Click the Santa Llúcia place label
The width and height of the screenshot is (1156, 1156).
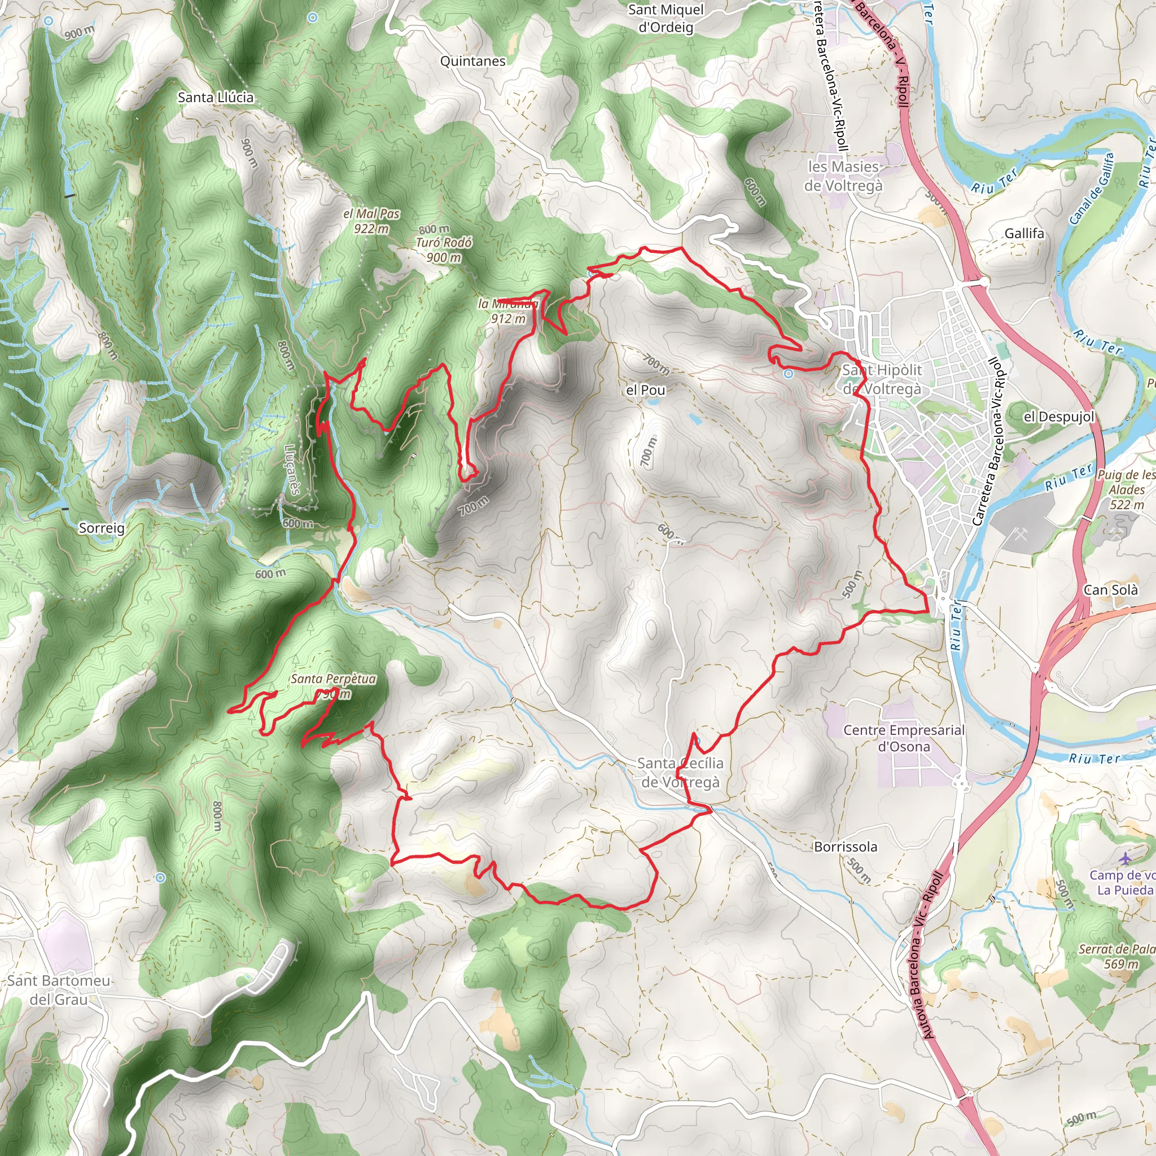pos(216,97)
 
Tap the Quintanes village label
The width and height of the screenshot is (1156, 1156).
pos(472,61)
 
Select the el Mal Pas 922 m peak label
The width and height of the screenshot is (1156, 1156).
pos(371,221)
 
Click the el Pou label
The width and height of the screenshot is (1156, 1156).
pos(645,390)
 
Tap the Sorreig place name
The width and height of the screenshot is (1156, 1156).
pos(102,528)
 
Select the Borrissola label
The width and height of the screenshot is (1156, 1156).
pos(846,847)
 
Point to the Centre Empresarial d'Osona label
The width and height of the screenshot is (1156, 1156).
pos(904,738)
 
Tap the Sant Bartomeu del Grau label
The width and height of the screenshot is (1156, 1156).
pos(59,989)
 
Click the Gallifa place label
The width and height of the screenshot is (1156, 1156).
pos(1024,233)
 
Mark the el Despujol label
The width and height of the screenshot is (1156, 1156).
pos(1058,417)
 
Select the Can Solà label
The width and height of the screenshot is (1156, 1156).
pos(1110,590)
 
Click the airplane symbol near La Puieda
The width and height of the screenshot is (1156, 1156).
pos(1126,858)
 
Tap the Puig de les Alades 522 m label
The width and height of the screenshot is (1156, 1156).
pos(1126,489)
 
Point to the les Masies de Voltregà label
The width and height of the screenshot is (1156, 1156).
pos(843,176)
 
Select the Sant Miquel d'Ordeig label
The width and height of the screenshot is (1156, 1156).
pos(666,18)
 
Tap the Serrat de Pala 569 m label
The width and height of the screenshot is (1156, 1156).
pos(1116,956)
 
